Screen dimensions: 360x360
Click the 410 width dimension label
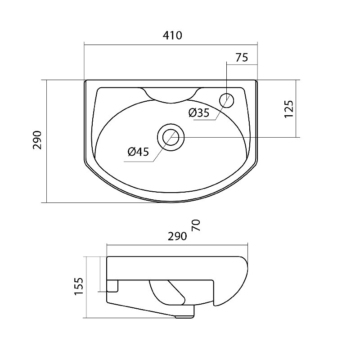[x=172, y=36]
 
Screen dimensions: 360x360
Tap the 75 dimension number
[x=242, y=58]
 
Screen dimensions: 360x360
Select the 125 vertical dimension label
[x=289, y=109]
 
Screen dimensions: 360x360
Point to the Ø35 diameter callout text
[x=199, y=113]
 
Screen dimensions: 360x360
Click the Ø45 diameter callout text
[x=139, y=152]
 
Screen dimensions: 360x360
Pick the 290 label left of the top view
[x=37, y=140]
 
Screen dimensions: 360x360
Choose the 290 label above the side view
[x=177, y=236]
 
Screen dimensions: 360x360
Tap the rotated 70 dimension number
[x=196, y=225]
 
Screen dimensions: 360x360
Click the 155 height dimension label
[x=79, y=287]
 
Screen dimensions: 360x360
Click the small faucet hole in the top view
[x=227, y=100]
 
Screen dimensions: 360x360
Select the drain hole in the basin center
[x=171, y=137]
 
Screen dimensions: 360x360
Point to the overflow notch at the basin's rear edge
[x=171, y=95]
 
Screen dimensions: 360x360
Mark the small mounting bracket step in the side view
[x=112, y=286]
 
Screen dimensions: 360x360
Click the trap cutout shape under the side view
[x=167, y=292]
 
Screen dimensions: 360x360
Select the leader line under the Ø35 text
[x=205, y=120]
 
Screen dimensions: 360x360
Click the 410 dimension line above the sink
[x=171, y=45]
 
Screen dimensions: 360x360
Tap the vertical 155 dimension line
[x=86, y=287]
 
